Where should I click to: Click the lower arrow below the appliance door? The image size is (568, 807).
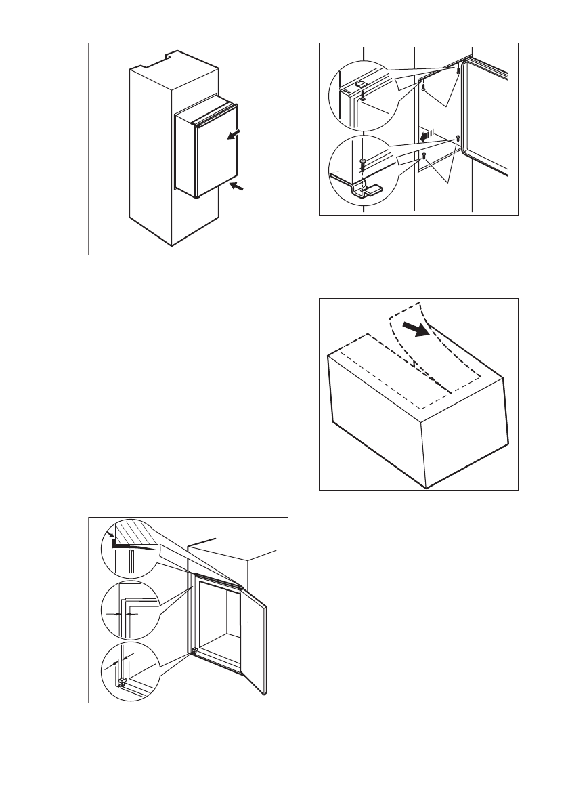[236, 186]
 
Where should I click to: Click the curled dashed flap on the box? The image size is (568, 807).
[409, 346]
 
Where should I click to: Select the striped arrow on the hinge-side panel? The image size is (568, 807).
[427, 136]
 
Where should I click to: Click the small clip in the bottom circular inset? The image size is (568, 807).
[122, 681]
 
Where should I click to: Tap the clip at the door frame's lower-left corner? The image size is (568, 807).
[194, 652]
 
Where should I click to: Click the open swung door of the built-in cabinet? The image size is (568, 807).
[254, 640]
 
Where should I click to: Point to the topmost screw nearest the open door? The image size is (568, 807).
[459, 70]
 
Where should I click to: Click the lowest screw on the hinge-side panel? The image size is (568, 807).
[424, 157]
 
